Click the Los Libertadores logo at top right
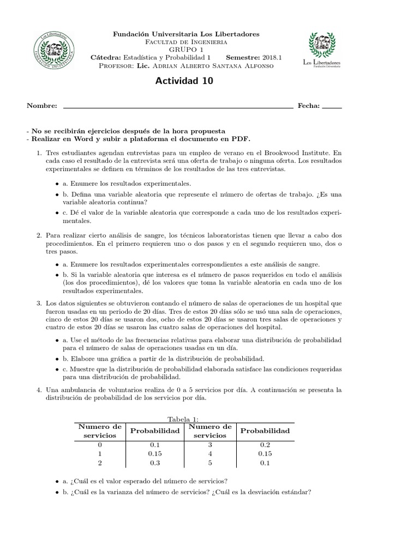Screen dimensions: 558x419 (322, 49)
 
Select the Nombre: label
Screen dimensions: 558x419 (42, 106)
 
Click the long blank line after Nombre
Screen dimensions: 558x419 (178, 108)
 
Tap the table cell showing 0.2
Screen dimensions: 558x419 (265, 445)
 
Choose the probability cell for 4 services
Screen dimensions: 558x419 (265, 454)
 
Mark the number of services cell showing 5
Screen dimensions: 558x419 (210, 463)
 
